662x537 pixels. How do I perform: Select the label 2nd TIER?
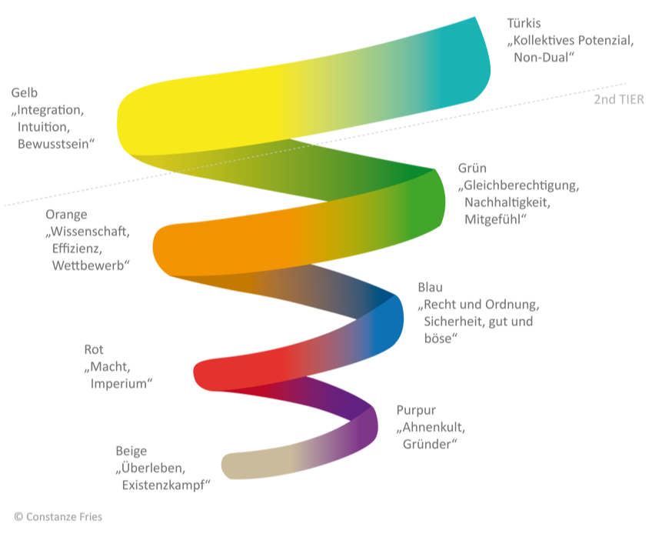[618, 100]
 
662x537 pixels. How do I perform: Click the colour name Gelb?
[24, 93]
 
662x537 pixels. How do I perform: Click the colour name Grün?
[472, 168]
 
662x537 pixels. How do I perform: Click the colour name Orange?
[66, 215]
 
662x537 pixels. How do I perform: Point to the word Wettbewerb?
[88, 265]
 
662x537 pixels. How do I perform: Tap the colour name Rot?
[93, 350]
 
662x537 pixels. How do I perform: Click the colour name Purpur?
[416, 410]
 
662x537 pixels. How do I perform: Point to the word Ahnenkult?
[434, 428]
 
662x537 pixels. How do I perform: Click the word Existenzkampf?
[164, 485]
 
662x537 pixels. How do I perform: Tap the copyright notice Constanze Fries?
[58, 517]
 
